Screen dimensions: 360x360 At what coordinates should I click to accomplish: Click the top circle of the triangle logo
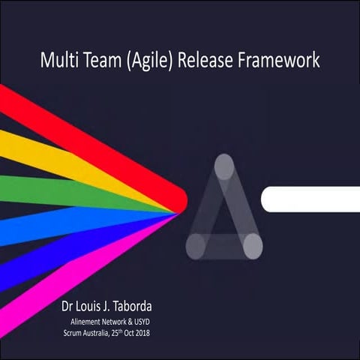224,166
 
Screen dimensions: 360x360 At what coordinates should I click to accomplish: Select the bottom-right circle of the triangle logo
253,244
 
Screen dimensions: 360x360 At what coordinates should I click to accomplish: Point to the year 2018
141,332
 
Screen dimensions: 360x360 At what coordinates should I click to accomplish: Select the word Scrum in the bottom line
76,332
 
